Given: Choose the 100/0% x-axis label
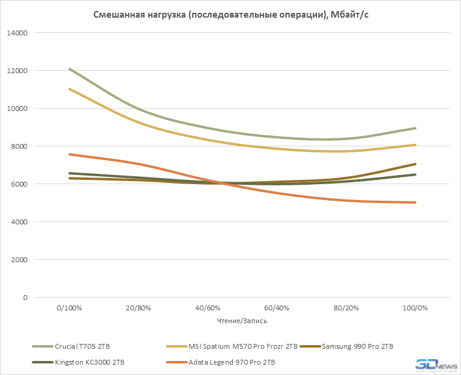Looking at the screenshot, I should coord(415,309).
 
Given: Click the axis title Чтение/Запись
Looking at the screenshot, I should coord(241,320).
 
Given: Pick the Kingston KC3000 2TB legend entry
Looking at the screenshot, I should coord(86,362).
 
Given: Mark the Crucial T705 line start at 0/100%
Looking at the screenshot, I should coord(69,69).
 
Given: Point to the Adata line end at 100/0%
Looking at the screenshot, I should coord(415,202).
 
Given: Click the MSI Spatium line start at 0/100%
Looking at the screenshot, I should coord(69,89).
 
